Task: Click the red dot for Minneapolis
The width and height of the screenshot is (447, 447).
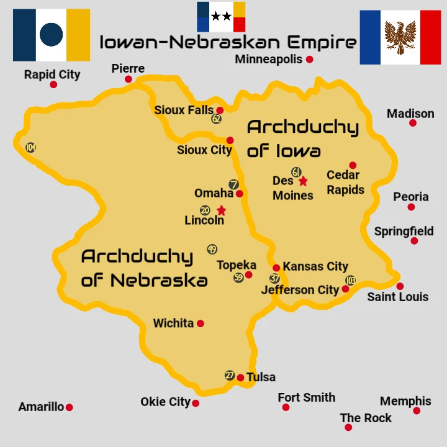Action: tap(309, 60)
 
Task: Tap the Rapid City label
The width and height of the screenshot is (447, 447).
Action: tap(52, 74)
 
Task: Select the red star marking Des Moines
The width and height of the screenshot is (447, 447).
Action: tap(303, 181)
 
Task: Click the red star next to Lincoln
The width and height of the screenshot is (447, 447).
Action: tap(221, 210)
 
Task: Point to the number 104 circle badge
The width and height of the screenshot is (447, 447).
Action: tap(30, 148)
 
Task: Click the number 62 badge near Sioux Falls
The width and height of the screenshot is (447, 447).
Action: tap(216, 119)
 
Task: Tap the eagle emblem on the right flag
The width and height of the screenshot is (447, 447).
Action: tap(400, 37)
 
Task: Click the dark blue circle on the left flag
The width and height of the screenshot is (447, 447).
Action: tap(52, 35)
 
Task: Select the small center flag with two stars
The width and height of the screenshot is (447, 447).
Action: tap(221, 17)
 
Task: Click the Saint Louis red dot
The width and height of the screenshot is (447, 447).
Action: tap(400, 286)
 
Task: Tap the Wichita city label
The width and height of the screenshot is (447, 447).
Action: tap(173, 323)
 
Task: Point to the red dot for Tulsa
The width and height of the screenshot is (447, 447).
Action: tap(240, 377)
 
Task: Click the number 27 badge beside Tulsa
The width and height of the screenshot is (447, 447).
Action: tap(230, 376)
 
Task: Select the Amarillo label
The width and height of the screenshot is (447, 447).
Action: tap(41, 407)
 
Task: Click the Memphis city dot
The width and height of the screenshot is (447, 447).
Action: tap(417, 411)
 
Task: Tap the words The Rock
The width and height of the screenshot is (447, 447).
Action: tap(366, 418)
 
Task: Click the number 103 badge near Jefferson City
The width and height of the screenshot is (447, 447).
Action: tap(351, 280)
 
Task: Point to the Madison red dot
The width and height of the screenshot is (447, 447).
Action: tap(412, 123)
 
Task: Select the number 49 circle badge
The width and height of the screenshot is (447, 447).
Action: tap(212, 250)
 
